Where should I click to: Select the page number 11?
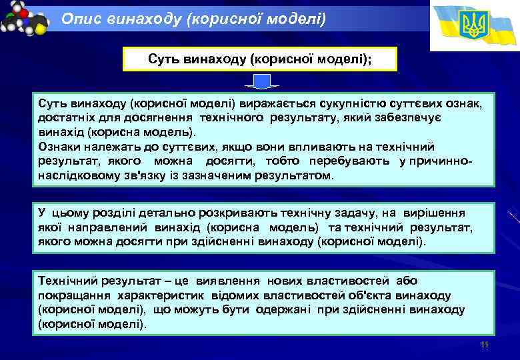(x=485, y=345)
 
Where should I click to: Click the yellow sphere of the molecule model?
(x=41, y=29)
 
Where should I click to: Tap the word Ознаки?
(x=59, y=146)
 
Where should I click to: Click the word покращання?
(x=73, y=295)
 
